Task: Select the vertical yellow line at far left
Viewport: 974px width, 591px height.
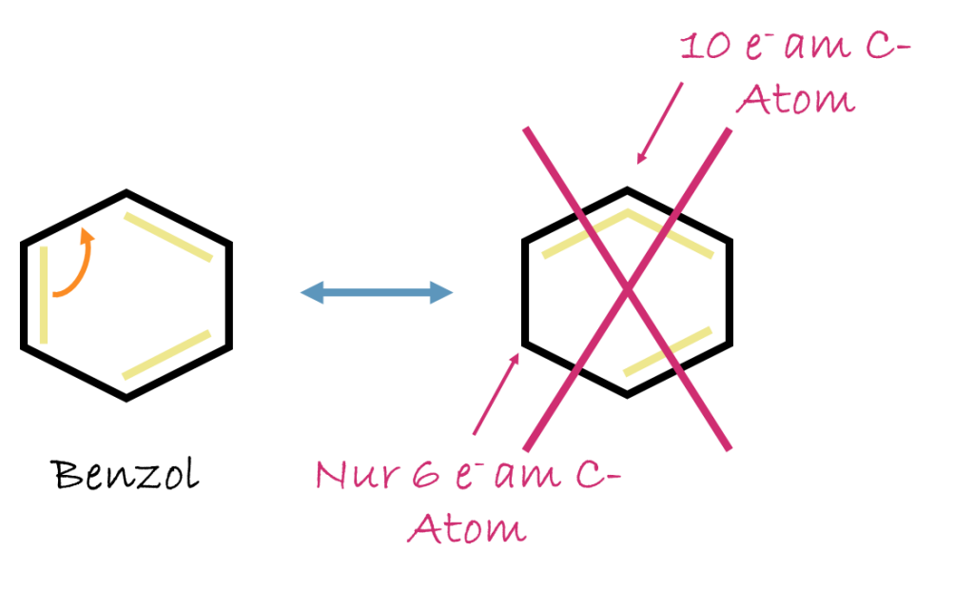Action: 44,294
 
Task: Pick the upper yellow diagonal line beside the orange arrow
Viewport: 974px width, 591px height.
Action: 167,236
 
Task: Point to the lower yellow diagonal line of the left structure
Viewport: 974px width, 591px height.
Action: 167,354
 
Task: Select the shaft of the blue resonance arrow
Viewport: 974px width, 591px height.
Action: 377,292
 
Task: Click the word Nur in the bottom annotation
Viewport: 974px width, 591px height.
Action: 351,474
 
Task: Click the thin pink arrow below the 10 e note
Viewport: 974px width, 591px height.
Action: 660,124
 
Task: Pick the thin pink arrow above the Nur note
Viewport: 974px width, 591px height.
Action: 496,394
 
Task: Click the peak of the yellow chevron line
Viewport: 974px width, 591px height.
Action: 627,211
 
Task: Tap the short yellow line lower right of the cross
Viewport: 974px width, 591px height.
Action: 668,351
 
